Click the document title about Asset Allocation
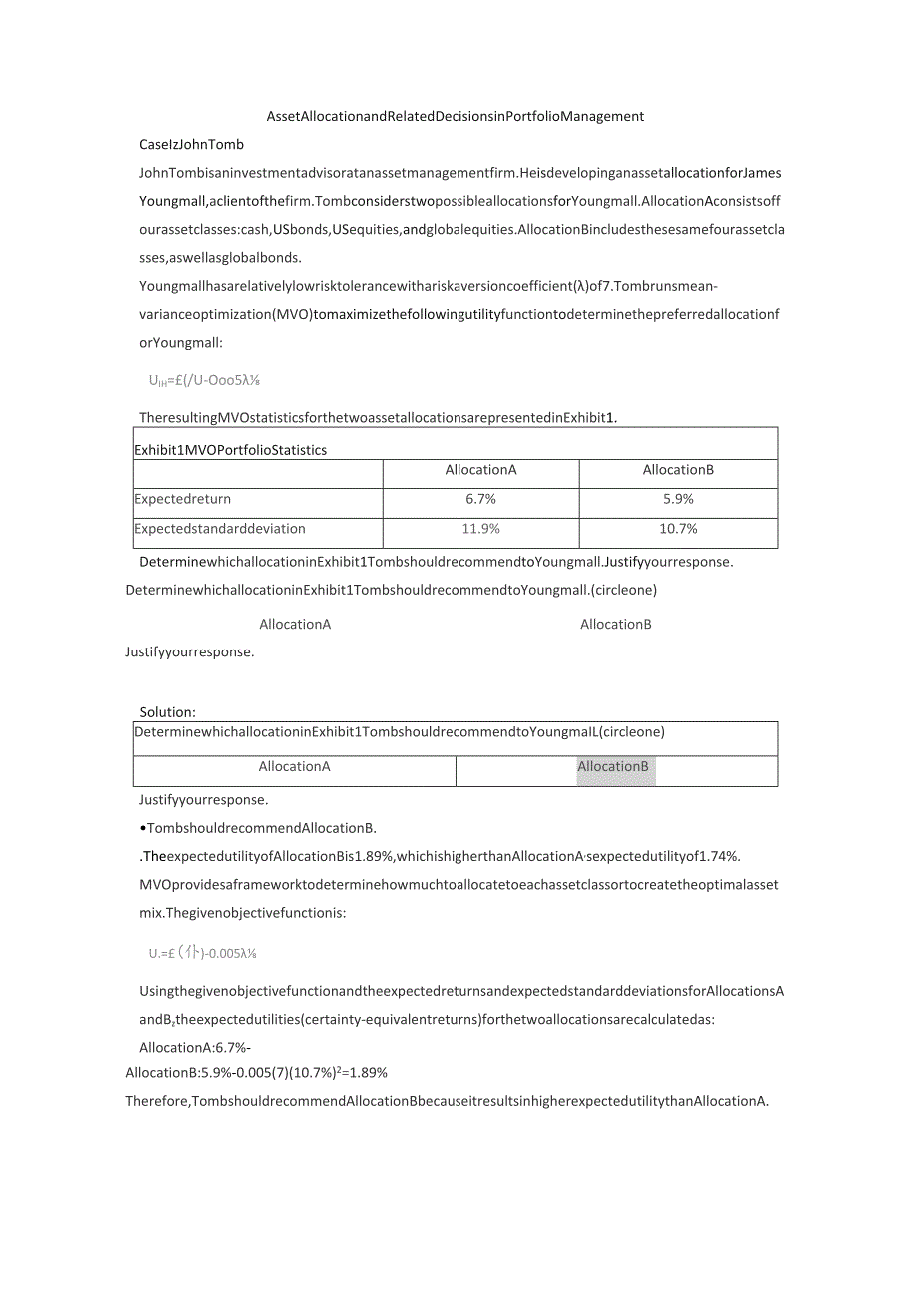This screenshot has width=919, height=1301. (x=455, y=116)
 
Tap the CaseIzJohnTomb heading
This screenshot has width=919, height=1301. (x=191, y=145)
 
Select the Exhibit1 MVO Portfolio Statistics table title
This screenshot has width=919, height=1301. (x=231, y=450)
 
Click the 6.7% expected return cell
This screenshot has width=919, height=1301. (x=480, y=499)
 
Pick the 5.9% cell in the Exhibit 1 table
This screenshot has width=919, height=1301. (x=678, y=499)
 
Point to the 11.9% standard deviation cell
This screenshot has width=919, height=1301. (x=480, y=529)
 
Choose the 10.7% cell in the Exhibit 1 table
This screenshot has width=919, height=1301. (x=678, y=529)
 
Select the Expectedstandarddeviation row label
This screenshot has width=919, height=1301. (x=220, y=529)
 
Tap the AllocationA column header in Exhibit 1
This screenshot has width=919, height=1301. (x=480, y=470)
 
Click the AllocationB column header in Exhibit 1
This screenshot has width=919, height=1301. (x=678, y=470)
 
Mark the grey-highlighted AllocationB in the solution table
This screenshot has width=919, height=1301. (x=616, y=767)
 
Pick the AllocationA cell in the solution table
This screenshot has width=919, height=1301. (x=294, y=767)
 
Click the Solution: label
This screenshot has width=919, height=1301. (x=167, y=712)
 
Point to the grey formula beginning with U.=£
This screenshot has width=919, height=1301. (x=203, y=953)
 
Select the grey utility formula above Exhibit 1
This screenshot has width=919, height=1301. (x=205, y=380)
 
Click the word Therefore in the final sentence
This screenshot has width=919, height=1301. (x=156, y=1101)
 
